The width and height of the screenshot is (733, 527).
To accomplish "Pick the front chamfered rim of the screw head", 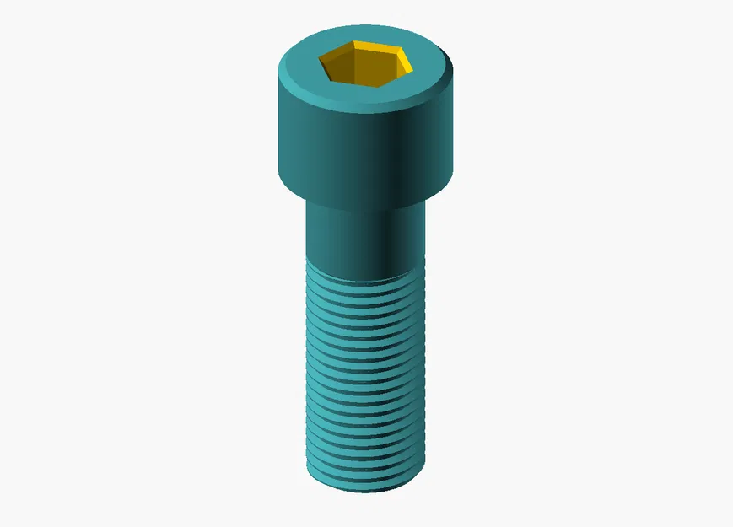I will coord(364,106).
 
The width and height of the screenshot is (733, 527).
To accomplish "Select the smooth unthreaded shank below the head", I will coord(354,240).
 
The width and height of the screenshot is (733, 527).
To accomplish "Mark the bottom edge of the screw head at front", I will coord(364,211).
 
